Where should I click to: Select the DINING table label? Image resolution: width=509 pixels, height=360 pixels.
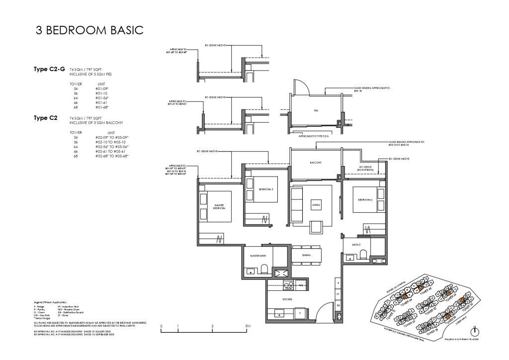click(x=306, y=255)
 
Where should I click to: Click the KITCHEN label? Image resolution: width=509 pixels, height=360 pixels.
click(x=287, y=299)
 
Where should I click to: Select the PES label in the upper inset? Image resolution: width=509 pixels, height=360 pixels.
click(x=316, y=111)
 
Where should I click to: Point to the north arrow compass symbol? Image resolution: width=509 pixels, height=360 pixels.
click(x=475, y=332)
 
